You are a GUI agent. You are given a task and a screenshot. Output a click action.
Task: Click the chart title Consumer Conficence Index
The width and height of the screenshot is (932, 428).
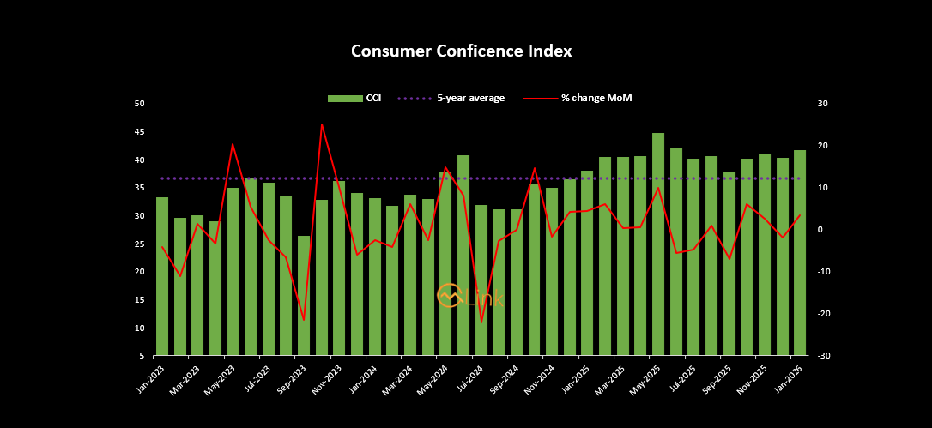[x=461, y=51]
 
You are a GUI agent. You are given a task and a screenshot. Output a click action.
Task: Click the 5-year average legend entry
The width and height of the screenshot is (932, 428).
[x=451, y=99]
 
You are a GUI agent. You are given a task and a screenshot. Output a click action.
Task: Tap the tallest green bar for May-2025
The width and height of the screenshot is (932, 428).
[x=658, y=244]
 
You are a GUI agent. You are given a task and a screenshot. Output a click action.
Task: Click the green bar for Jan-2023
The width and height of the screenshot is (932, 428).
[x=162, y=276]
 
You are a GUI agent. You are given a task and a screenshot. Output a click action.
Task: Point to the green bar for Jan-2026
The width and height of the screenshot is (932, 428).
[x=800, y=253]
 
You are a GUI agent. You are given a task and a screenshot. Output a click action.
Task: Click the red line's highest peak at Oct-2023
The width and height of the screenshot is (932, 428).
[x=322, y=124]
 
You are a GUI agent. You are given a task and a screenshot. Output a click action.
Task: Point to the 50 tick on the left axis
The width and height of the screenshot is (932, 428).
[x=140, y=104]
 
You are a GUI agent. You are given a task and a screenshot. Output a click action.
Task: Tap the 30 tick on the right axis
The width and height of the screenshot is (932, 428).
[x=821, y=104]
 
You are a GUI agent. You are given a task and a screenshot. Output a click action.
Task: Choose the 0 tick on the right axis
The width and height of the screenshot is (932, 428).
[x=820, y=230]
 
